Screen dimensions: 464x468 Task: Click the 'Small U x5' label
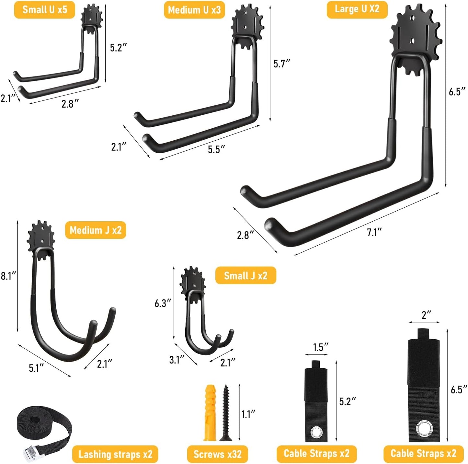click(x=44, y=10)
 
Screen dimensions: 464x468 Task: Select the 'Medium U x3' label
click(x=194, y=10)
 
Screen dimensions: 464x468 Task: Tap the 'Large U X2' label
click(x=357, y=9)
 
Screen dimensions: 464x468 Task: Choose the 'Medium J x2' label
click(x=96, y=230)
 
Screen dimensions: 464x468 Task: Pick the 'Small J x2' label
click(x=245, y=276)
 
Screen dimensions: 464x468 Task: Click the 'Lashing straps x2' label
click(x=115, y=454)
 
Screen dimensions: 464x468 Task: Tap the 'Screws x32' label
click(x=217, y=454)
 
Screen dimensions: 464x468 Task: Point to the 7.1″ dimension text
click(x=374, y=232)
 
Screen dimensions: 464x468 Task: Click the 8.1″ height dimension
click(x=8, y=276)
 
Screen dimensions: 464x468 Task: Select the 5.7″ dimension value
click(x=281, y=64)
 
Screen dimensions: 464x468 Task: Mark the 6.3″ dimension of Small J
click(x=163, y=303)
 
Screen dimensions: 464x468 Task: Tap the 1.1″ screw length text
click(x=248, y=414)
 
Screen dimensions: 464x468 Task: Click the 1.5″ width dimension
click(x=320, y=347)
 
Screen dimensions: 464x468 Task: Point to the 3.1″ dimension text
click(x=177, y=360)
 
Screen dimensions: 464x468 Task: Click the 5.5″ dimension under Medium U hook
click(x=216, y=149)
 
